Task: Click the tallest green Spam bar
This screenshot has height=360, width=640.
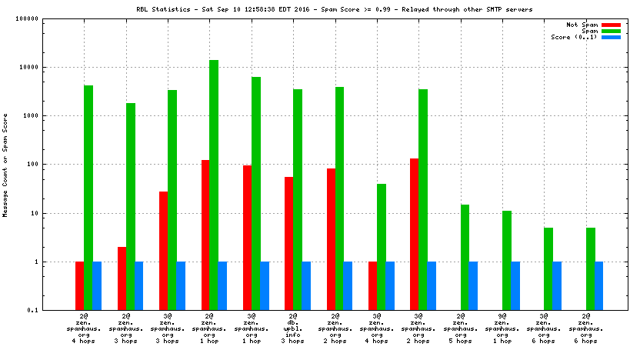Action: coord(214,185)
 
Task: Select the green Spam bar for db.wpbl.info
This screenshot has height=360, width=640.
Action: coord(298,199)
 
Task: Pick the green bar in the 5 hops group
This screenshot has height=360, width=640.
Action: coord(465,257)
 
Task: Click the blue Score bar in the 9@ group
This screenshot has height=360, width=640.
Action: coord(515,285)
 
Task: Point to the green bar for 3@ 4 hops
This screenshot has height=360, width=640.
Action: coord(382,246)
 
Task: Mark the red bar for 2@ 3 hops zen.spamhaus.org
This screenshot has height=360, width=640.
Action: coord(122,278)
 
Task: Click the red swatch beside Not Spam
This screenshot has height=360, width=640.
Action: coord(611,25)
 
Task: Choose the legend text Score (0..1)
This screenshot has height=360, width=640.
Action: coord(574,37)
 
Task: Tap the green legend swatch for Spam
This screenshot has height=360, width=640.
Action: coord(611,31)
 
